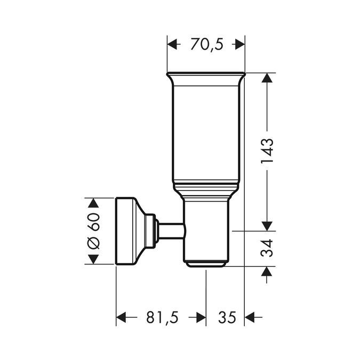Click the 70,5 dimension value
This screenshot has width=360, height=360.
point(206,44)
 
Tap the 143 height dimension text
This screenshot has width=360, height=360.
point(267,150)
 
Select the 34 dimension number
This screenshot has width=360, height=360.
point(267,248)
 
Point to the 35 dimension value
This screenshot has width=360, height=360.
point(227,317)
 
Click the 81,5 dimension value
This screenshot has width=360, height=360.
point(162,317)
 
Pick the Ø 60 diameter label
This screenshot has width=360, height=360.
point(94,231)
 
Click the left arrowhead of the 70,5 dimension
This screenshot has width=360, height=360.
point(172,44)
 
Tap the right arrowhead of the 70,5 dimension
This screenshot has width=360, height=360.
point(240,44)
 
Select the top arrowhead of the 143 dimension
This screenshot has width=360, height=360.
point(267,78)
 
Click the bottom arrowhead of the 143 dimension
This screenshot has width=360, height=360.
point(267,226)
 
